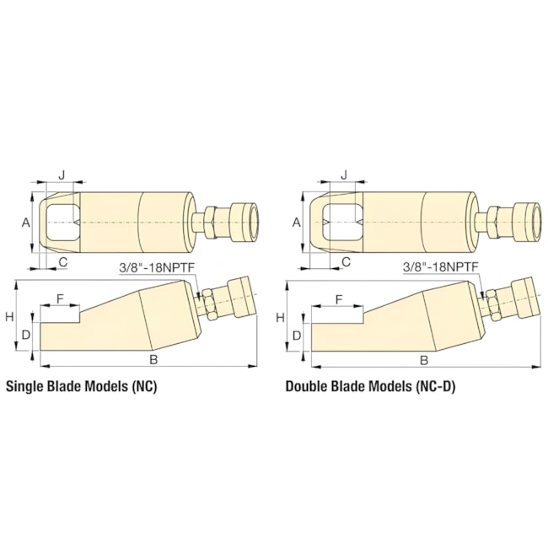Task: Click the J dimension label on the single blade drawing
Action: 62,175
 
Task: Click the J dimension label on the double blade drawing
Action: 345,175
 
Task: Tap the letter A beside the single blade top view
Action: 26,223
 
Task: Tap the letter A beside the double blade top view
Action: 297,223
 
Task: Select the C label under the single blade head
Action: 63,261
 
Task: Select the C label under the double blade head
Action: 346,261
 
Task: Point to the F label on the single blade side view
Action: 60,298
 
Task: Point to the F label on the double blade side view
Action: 339,299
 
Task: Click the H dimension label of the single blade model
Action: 10,317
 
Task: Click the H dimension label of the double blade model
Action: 280,318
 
